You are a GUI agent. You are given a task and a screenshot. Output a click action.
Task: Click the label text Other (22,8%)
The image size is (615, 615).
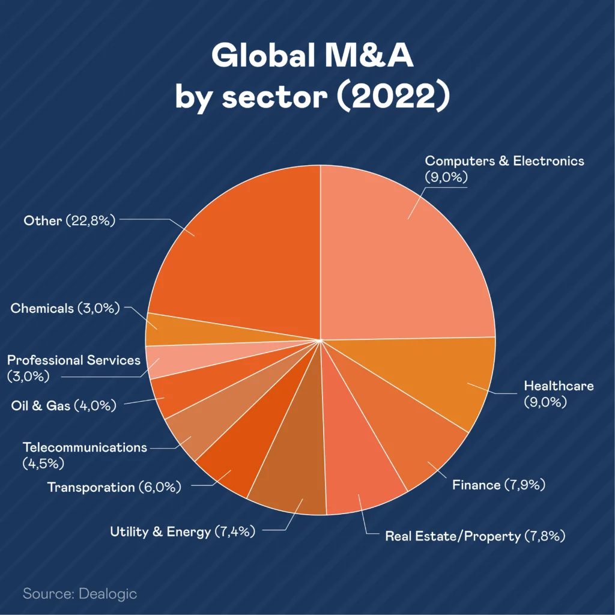[x=69, y=220]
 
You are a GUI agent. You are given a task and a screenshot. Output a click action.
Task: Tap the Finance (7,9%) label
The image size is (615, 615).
[x=498, y=485]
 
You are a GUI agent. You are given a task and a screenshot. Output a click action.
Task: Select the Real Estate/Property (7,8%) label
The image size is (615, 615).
[x=475, y=536]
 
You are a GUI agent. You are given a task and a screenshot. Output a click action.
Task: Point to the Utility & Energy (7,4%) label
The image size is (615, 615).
[x=183, y=532]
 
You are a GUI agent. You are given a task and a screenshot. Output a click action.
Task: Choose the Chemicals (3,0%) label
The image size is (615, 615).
[x=65, y=309]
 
